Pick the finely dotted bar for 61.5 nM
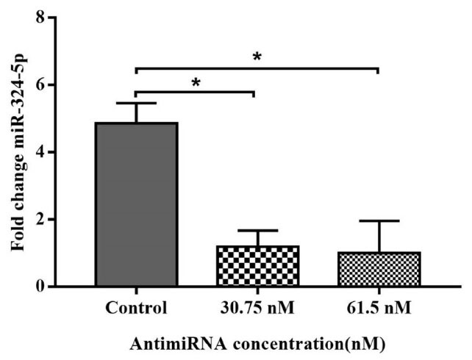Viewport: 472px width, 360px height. tap(378, 269)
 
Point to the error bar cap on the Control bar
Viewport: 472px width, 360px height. tap(136, 103)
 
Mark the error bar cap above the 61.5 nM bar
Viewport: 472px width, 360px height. tap(378, 220)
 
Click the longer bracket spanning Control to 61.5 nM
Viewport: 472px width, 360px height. tap(257, 68)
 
